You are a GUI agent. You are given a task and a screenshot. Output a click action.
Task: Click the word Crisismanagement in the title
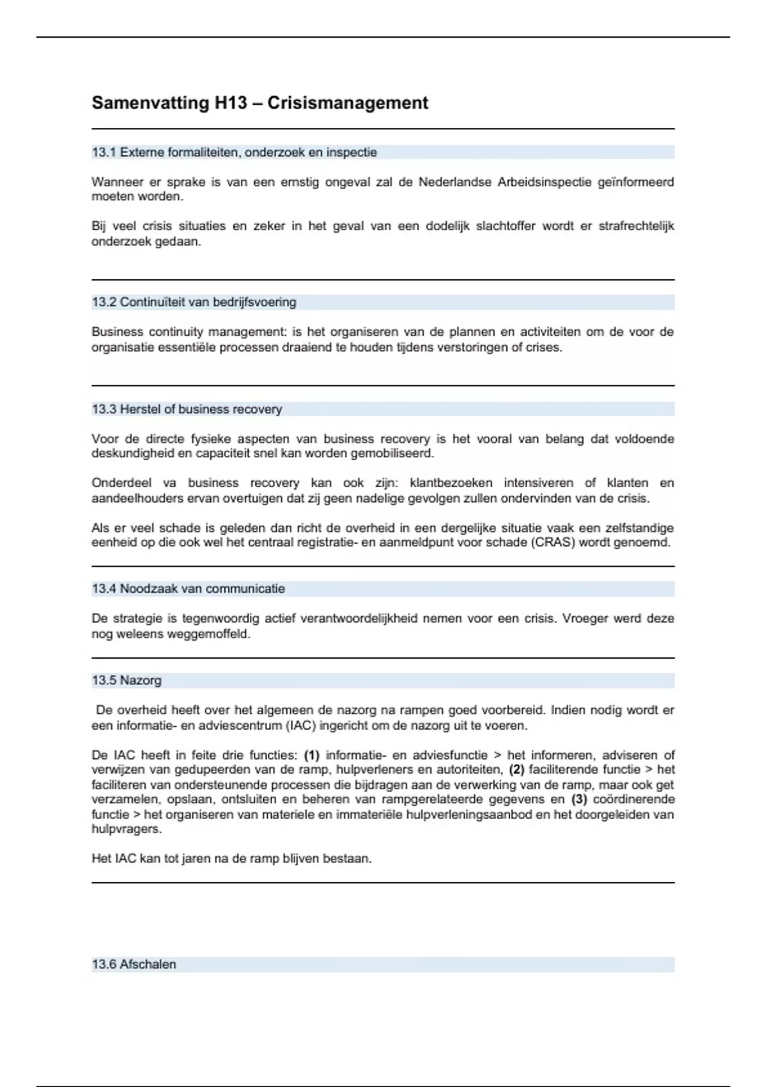tap(348, 103)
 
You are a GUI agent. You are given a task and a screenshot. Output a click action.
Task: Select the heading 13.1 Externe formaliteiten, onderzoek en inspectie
tap(235, 153)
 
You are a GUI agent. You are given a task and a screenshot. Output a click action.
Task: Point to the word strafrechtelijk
tap(636, 226)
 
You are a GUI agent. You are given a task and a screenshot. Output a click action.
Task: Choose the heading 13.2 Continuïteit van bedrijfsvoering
tap(194, 302)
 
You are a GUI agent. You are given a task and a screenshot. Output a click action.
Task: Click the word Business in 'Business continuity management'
tap(117, 332)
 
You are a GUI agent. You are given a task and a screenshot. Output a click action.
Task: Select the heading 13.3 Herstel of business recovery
tap(187, 409)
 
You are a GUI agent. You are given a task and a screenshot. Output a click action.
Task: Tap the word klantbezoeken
tap(451, 483)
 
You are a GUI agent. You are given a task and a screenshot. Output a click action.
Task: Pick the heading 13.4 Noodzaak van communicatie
tap(189, 589)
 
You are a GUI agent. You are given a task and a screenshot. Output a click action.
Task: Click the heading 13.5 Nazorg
tap(127, 680)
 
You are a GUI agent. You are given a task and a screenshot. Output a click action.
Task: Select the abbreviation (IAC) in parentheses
tap(300, 726)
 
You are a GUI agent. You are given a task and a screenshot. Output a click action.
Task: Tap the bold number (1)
tap(311, 755)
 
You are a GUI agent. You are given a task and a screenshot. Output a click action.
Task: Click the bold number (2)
tap(516, 770)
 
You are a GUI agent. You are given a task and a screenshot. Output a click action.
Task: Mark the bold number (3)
tap(579, 800)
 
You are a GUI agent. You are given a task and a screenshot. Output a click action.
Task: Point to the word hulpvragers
tap(126, 829)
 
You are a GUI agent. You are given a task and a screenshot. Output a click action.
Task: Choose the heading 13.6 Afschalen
tap(134, 965)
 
